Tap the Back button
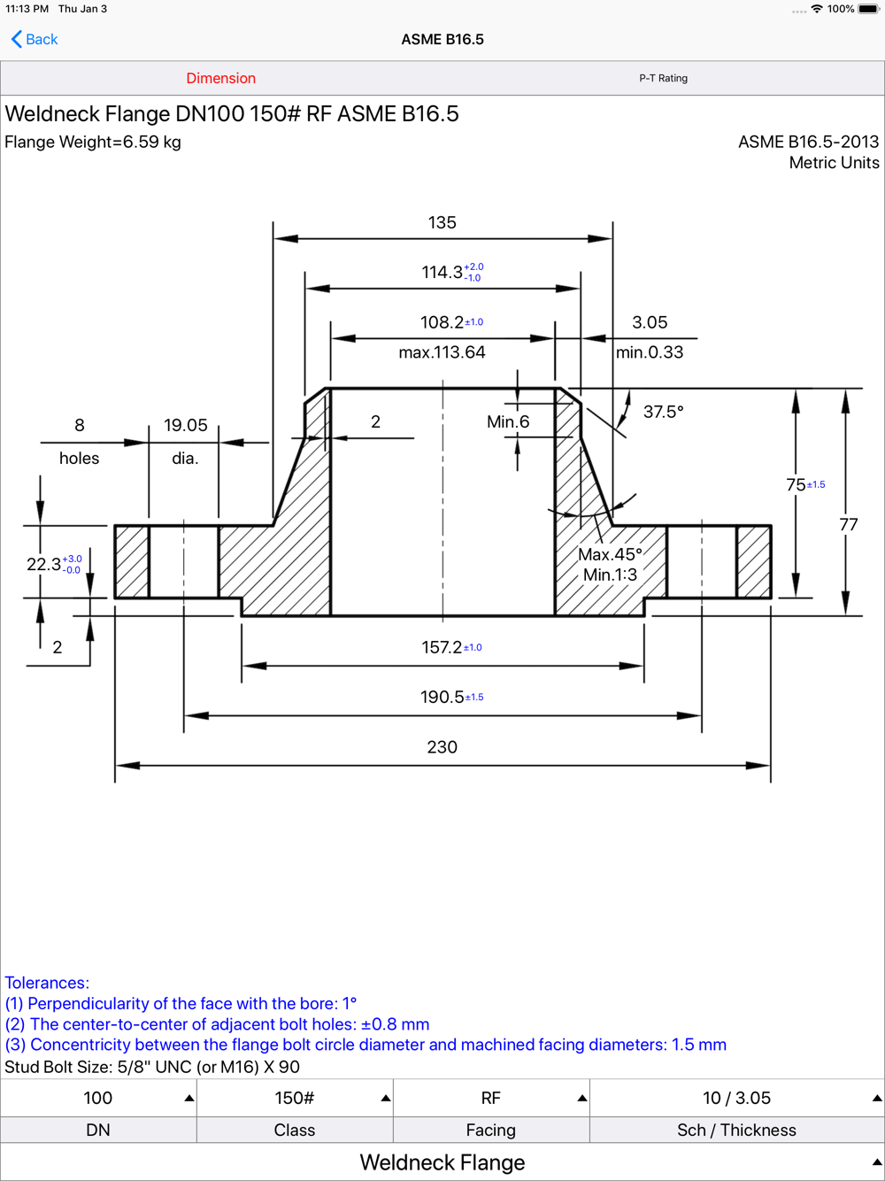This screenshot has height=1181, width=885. [35, 39]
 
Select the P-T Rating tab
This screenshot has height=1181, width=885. [663, 78]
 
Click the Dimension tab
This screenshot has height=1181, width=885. [220, 78]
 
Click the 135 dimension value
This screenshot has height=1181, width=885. [442, 222]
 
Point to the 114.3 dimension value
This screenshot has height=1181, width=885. [442, 273]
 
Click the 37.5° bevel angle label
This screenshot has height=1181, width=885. [663, 412]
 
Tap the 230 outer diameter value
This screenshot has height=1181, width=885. [442, 747]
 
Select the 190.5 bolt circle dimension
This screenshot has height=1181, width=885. [442, 698]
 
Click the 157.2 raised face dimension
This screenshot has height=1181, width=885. [442, 648]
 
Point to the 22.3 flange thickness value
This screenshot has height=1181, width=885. [44, 564]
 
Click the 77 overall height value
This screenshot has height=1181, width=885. [849, 525]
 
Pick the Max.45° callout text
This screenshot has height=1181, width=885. [609, 554]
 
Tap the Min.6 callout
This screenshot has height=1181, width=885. [508, 422]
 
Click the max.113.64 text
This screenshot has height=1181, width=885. [442, 352]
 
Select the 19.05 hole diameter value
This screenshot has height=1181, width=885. [185, 426]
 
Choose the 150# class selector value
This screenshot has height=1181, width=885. [294, 1098]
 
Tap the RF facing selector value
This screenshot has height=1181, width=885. [490, 1098]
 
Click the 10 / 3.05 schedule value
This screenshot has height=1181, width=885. [736, 1098]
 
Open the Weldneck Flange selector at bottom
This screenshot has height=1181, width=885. [442, 1162]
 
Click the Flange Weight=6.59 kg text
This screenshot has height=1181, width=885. [93, 142]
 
